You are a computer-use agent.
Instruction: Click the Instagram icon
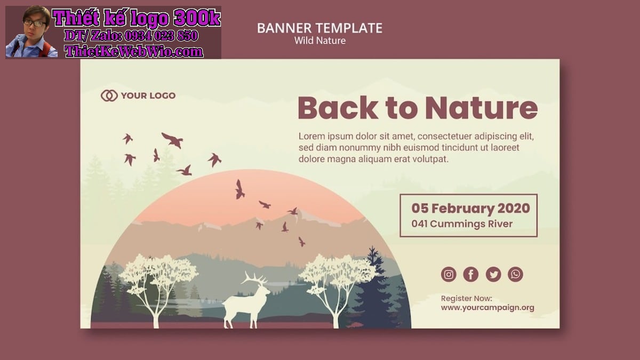coord(449,274)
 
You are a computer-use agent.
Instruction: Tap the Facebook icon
coord(471,274)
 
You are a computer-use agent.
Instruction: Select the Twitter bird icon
coord(493,274)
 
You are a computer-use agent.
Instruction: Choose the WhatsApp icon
coord(515,274)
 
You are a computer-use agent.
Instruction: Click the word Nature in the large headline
coord(482,108)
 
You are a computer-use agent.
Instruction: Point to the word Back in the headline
coord(338,107)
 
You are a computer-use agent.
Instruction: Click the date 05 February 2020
coord(470,209)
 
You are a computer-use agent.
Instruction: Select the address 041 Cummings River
coord(462,223)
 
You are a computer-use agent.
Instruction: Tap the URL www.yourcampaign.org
coord(487,308)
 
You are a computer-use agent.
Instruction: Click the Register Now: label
coord(467,299)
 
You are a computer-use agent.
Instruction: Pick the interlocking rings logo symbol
coord(109,95)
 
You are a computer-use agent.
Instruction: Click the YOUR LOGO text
coord(148,95)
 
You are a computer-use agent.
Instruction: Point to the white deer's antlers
coord(254,278)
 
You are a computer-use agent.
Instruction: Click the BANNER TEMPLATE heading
coord(319,28)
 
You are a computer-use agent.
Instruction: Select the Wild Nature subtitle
coord(320,41)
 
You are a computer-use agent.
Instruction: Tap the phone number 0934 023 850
coord(161,36)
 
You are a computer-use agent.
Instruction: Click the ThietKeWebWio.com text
coord(134,51)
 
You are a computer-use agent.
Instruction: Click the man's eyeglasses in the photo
coord(35,23)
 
